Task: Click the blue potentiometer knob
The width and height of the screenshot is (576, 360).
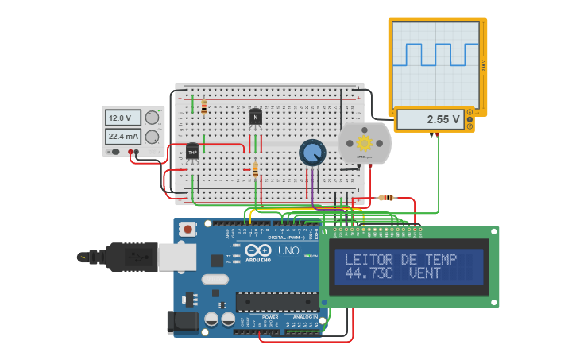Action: [312, 152]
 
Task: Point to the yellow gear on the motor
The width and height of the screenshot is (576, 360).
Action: [365, 143]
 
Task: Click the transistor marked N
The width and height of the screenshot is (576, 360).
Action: [255, 118]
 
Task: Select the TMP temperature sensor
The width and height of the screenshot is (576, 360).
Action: [192, 151]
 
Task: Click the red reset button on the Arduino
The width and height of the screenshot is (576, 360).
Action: [188, 229]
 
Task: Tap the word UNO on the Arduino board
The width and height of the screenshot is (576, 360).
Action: [288, 250]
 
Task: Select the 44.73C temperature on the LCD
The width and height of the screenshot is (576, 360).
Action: [369, 273]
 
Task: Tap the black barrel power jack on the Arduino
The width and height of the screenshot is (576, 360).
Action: [182, 321]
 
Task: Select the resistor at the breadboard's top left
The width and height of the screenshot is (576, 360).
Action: [204, 106]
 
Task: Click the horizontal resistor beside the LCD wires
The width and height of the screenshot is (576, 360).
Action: [387, 198]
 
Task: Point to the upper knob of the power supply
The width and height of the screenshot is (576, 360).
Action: [152, 118]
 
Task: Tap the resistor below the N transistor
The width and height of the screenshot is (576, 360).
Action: [255, 168]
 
